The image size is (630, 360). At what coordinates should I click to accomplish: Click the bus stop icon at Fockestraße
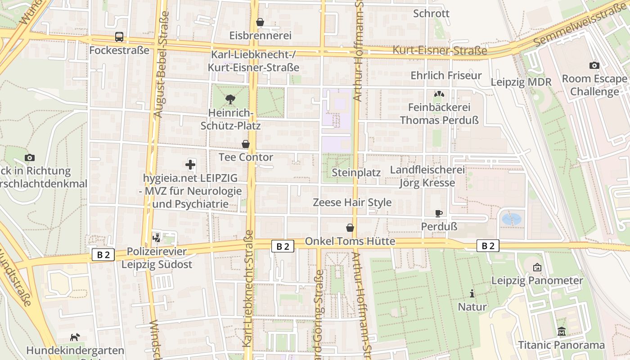point(119,37)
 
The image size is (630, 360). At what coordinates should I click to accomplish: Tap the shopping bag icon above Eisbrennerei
point(260,22)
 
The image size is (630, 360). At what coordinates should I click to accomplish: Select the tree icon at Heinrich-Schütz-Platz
point(230,99)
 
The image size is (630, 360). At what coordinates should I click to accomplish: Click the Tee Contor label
point(246,157)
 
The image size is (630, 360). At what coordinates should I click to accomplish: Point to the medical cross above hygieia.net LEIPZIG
point(190,165)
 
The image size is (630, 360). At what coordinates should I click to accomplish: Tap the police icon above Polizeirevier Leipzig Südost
point(157,237)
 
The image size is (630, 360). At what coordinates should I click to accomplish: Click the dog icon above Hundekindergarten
point(75,337)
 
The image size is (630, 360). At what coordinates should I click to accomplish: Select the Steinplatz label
point(356,172)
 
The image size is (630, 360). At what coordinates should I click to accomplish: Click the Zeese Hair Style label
point(352,202)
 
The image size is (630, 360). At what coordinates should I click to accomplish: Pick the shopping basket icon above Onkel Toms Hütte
point(350,228)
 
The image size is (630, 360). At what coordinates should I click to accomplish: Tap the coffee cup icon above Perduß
point(439,213)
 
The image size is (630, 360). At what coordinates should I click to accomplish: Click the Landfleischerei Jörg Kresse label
point(427,176)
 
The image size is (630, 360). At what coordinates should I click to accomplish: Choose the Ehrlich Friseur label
point(446,75)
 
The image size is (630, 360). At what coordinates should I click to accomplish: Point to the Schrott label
point(431,13)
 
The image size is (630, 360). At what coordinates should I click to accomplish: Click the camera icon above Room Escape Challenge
point(594,65)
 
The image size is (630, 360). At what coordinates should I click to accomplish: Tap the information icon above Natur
point(472,293)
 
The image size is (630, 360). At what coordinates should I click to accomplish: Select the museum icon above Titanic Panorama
point(561,332)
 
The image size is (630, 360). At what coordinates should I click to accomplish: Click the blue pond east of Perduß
point(511,219)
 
